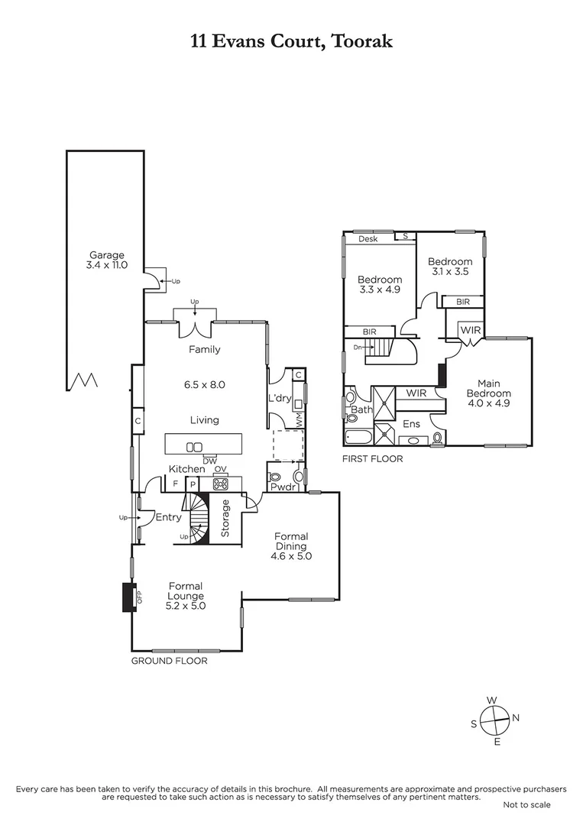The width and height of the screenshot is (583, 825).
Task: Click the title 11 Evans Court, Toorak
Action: pyautogui.click(x=291, y=41)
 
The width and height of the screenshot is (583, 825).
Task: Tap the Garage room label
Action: pyautogui.click(x=107, y=255)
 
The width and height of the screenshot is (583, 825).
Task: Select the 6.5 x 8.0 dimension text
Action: pyautogui.click(x=204, y=385)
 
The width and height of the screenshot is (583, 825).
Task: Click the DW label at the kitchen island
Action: pyautogui.click(x=209, y=458)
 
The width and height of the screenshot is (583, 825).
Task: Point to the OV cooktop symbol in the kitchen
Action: pyautogui.click(x=222, y=483)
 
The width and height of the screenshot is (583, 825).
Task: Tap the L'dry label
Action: pyautogui.click(x=277, y=398)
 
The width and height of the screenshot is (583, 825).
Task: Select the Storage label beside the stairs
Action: pyautogui.click(x=225, y=518)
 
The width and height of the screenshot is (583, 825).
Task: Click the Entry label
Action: pyautogui.click(x=168, y=517)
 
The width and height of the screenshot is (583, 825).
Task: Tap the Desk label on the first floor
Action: pyautogui.click(x=368, y=238)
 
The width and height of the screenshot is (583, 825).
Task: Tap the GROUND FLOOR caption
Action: pyautogui.click(x=169, y=662)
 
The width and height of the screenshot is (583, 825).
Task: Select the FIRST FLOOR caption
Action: pyautogui.click(x=373, y=459)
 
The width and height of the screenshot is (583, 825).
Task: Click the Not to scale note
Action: pyautogui.click(x=526, y=804)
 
